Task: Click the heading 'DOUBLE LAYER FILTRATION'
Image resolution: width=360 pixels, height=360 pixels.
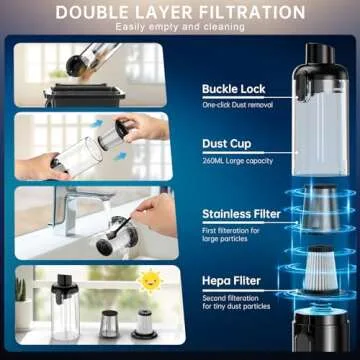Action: click(180, 12)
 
